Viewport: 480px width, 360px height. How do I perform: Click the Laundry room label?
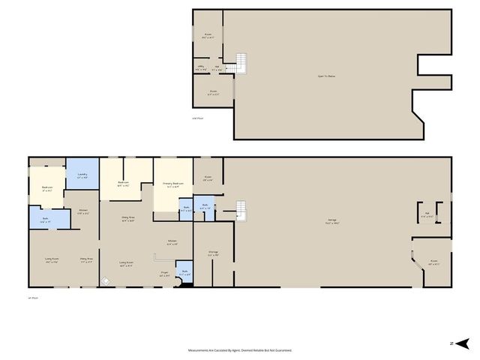click(82, 176)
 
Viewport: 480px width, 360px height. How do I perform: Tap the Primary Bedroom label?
click(173, 184)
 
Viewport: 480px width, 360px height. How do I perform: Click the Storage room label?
click(213, 253)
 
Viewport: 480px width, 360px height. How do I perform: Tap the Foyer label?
click(164, 275)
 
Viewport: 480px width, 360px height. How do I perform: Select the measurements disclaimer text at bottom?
click(239, 350)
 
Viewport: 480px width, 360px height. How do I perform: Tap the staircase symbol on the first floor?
click(241, 208)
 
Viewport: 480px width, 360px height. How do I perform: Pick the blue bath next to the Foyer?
click(184, 273)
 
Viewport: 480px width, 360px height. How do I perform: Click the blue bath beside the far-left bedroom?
click(45, 220)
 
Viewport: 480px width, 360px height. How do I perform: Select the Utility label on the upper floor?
click(201, 67)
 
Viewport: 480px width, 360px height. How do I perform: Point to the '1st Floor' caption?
click(33, 298)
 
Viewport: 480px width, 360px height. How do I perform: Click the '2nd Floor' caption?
click(198, 118)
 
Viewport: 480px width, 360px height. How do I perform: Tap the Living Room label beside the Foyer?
click(126, 263)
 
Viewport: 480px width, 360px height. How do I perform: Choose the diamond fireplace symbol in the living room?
click(106, 281)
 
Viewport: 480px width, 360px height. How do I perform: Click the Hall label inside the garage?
click(426, 215)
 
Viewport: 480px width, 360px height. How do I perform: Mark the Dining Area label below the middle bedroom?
click(127, 220)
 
